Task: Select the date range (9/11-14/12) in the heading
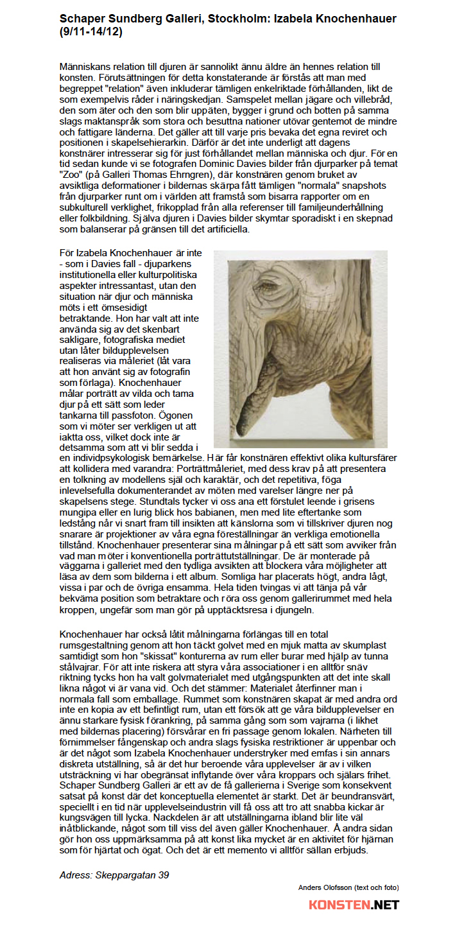click(x=90, y=31)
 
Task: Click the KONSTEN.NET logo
click(x=354, y=905)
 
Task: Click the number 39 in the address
click(x=163, y=875)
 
